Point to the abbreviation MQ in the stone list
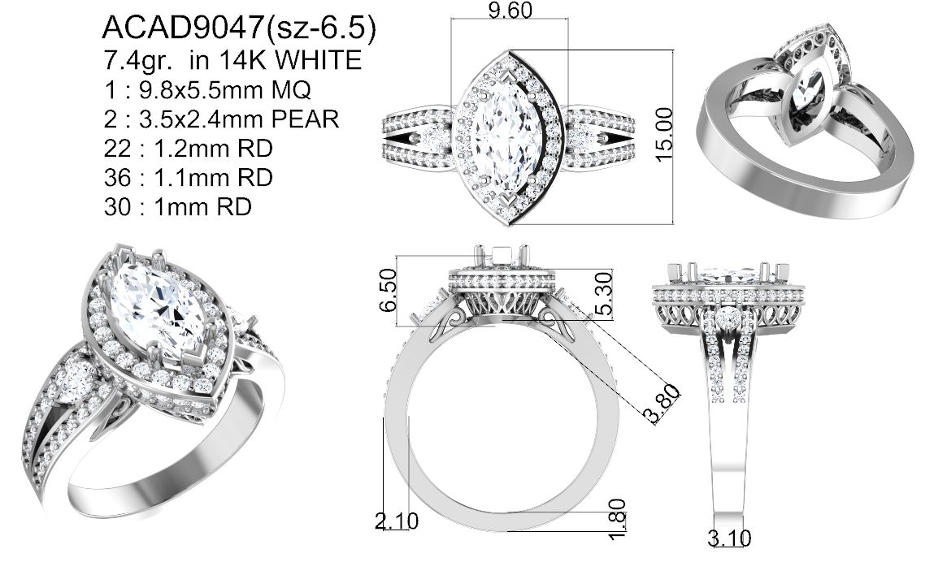coord(291,90)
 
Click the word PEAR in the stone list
coord(305,119)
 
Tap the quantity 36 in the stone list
coord(117,178)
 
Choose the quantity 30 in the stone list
coord(117,207)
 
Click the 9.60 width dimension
coord(510,11)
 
